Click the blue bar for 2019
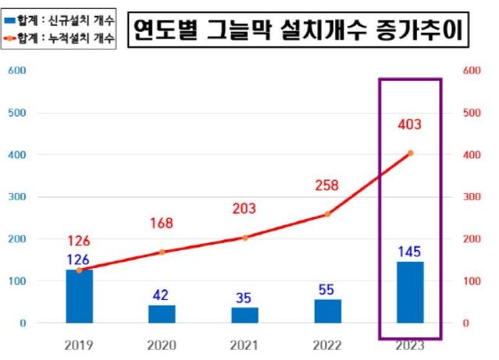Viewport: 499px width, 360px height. tap(80, 296)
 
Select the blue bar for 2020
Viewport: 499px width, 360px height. tap(162, 313)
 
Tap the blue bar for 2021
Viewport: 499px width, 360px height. tap(245, 315)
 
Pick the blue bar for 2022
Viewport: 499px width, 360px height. tap(327, 311)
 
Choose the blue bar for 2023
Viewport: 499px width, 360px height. tap(410, 292)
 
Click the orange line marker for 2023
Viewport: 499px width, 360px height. tap(410, 153)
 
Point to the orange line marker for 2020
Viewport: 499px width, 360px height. tap(162, 252)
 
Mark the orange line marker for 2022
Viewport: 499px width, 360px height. tap(327, 214)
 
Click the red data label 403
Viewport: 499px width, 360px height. tap(410, 123)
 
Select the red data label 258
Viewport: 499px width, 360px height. tap(327, 185)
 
